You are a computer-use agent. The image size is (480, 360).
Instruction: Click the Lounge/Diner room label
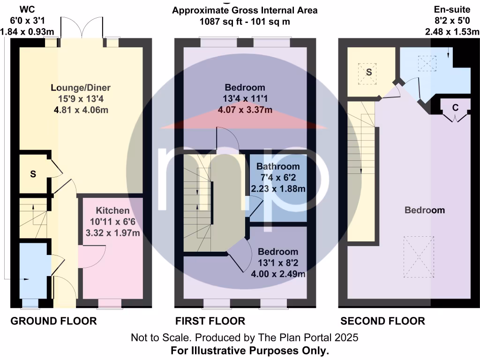pos(81,88)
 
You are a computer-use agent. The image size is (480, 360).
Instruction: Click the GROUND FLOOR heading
pos(53,321)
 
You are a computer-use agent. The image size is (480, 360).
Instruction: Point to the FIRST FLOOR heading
pos(210,321)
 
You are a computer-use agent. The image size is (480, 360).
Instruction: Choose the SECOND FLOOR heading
pos(382,321)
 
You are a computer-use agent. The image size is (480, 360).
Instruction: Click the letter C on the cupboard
pos(455,107)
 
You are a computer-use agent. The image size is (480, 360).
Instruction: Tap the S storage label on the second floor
pos(369,72)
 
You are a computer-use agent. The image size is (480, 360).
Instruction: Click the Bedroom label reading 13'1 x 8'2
pos(277,252)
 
